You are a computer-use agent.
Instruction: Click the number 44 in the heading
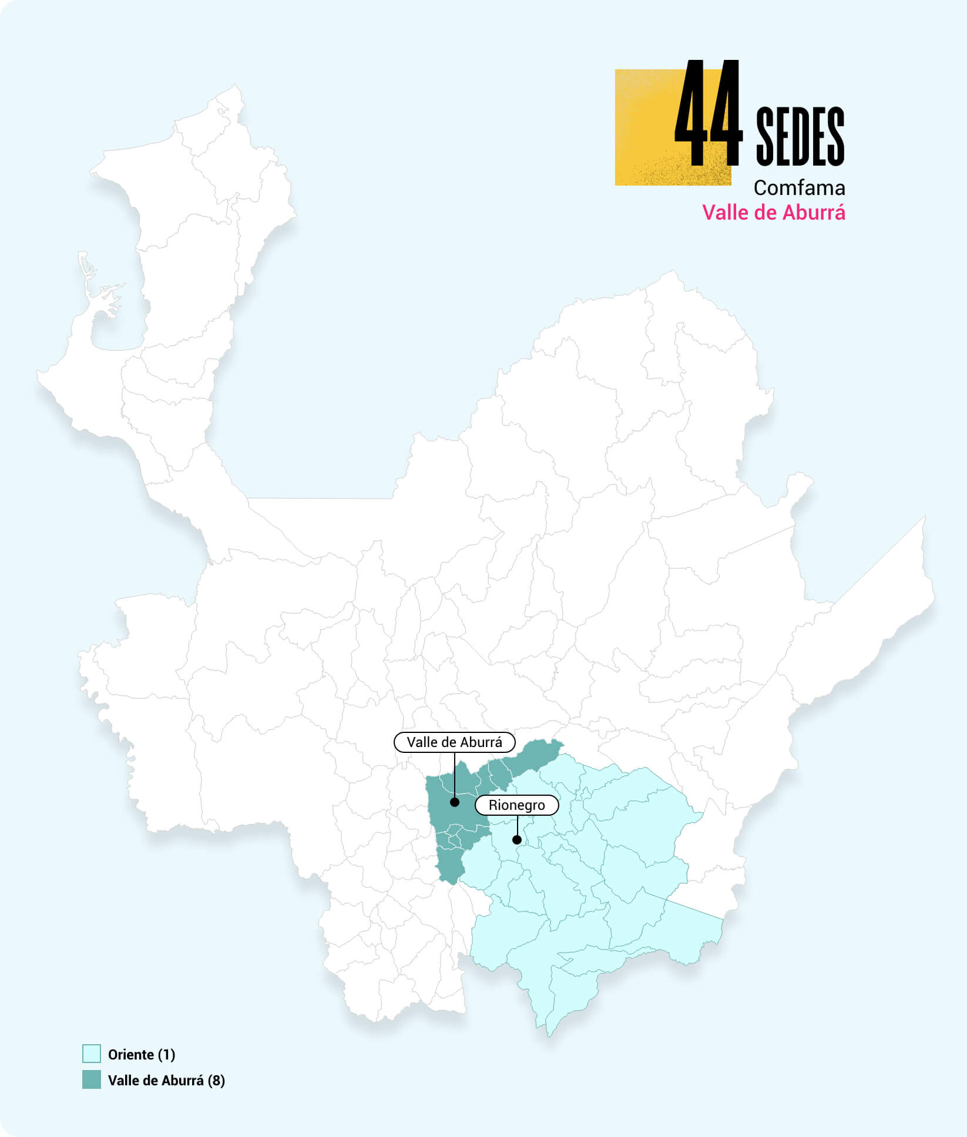point(709,114)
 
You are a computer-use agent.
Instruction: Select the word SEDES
point(800,136)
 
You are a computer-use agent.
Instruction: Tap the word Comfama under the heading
point(799,188)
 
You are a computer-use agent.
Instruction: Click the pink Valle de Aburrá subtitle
point(774,213)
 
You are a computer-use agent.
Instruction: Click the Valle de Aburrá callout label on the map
point(454,742)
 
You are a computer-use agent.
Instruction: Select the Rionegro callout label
point(516,805)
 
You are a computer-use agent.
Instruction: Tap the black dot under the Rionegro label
point(517,840)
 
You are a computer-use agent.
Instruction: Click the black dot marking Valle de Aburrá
point(454,802)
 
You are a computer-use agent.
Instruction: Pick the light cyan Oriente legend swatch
point(92,1054)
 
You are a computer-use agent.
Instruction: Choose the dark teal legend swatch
point(92,1080)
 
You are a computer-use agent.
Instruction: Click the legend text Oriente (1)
point(142,1055)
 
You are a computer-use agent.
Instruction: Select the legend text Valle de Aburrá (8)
point(166,1081)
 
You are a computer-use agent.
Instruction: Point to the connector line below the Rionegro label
point(517,825)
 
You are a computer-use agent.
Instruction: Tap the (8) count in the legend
point(216,1081)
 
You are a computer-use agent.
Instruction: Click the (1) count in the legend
point(167,1055)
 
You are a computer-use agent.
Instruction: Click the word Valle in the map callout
point(421,742)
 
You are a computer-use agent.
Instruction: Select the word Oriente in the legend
point(131,1055)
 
